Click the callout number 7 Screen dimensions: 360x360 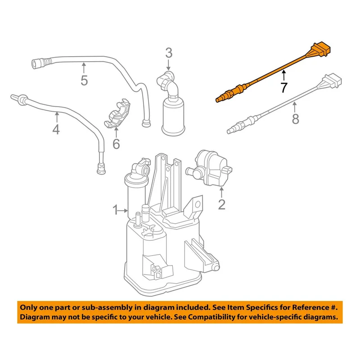[284, 87]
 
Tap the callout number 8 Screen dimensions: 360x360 [296, 119]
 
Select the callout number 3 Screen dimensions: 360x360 [169, 53]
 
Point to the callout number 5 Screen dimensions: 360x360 [84, 81]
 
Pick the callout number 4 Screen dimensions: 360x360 [56, 129]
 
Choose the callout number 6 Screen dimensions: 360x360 [116, 144]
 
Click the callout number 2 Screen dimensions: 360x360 [222, 204]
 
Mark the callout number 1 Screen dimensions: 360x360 [116, 210]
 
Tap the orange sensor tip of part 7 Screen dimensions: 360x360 [219, 99]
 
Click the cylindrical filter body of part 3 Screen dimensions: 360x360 [173, 117]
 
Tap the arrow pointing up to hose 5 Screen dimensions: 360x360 [84, 68]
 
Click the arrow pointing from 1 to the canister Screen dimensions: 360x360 [123, 210]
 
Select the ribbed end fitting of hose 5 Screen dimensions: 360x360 [40, 63]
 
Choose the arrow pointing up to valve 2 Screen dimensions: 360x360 [221, 193]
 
